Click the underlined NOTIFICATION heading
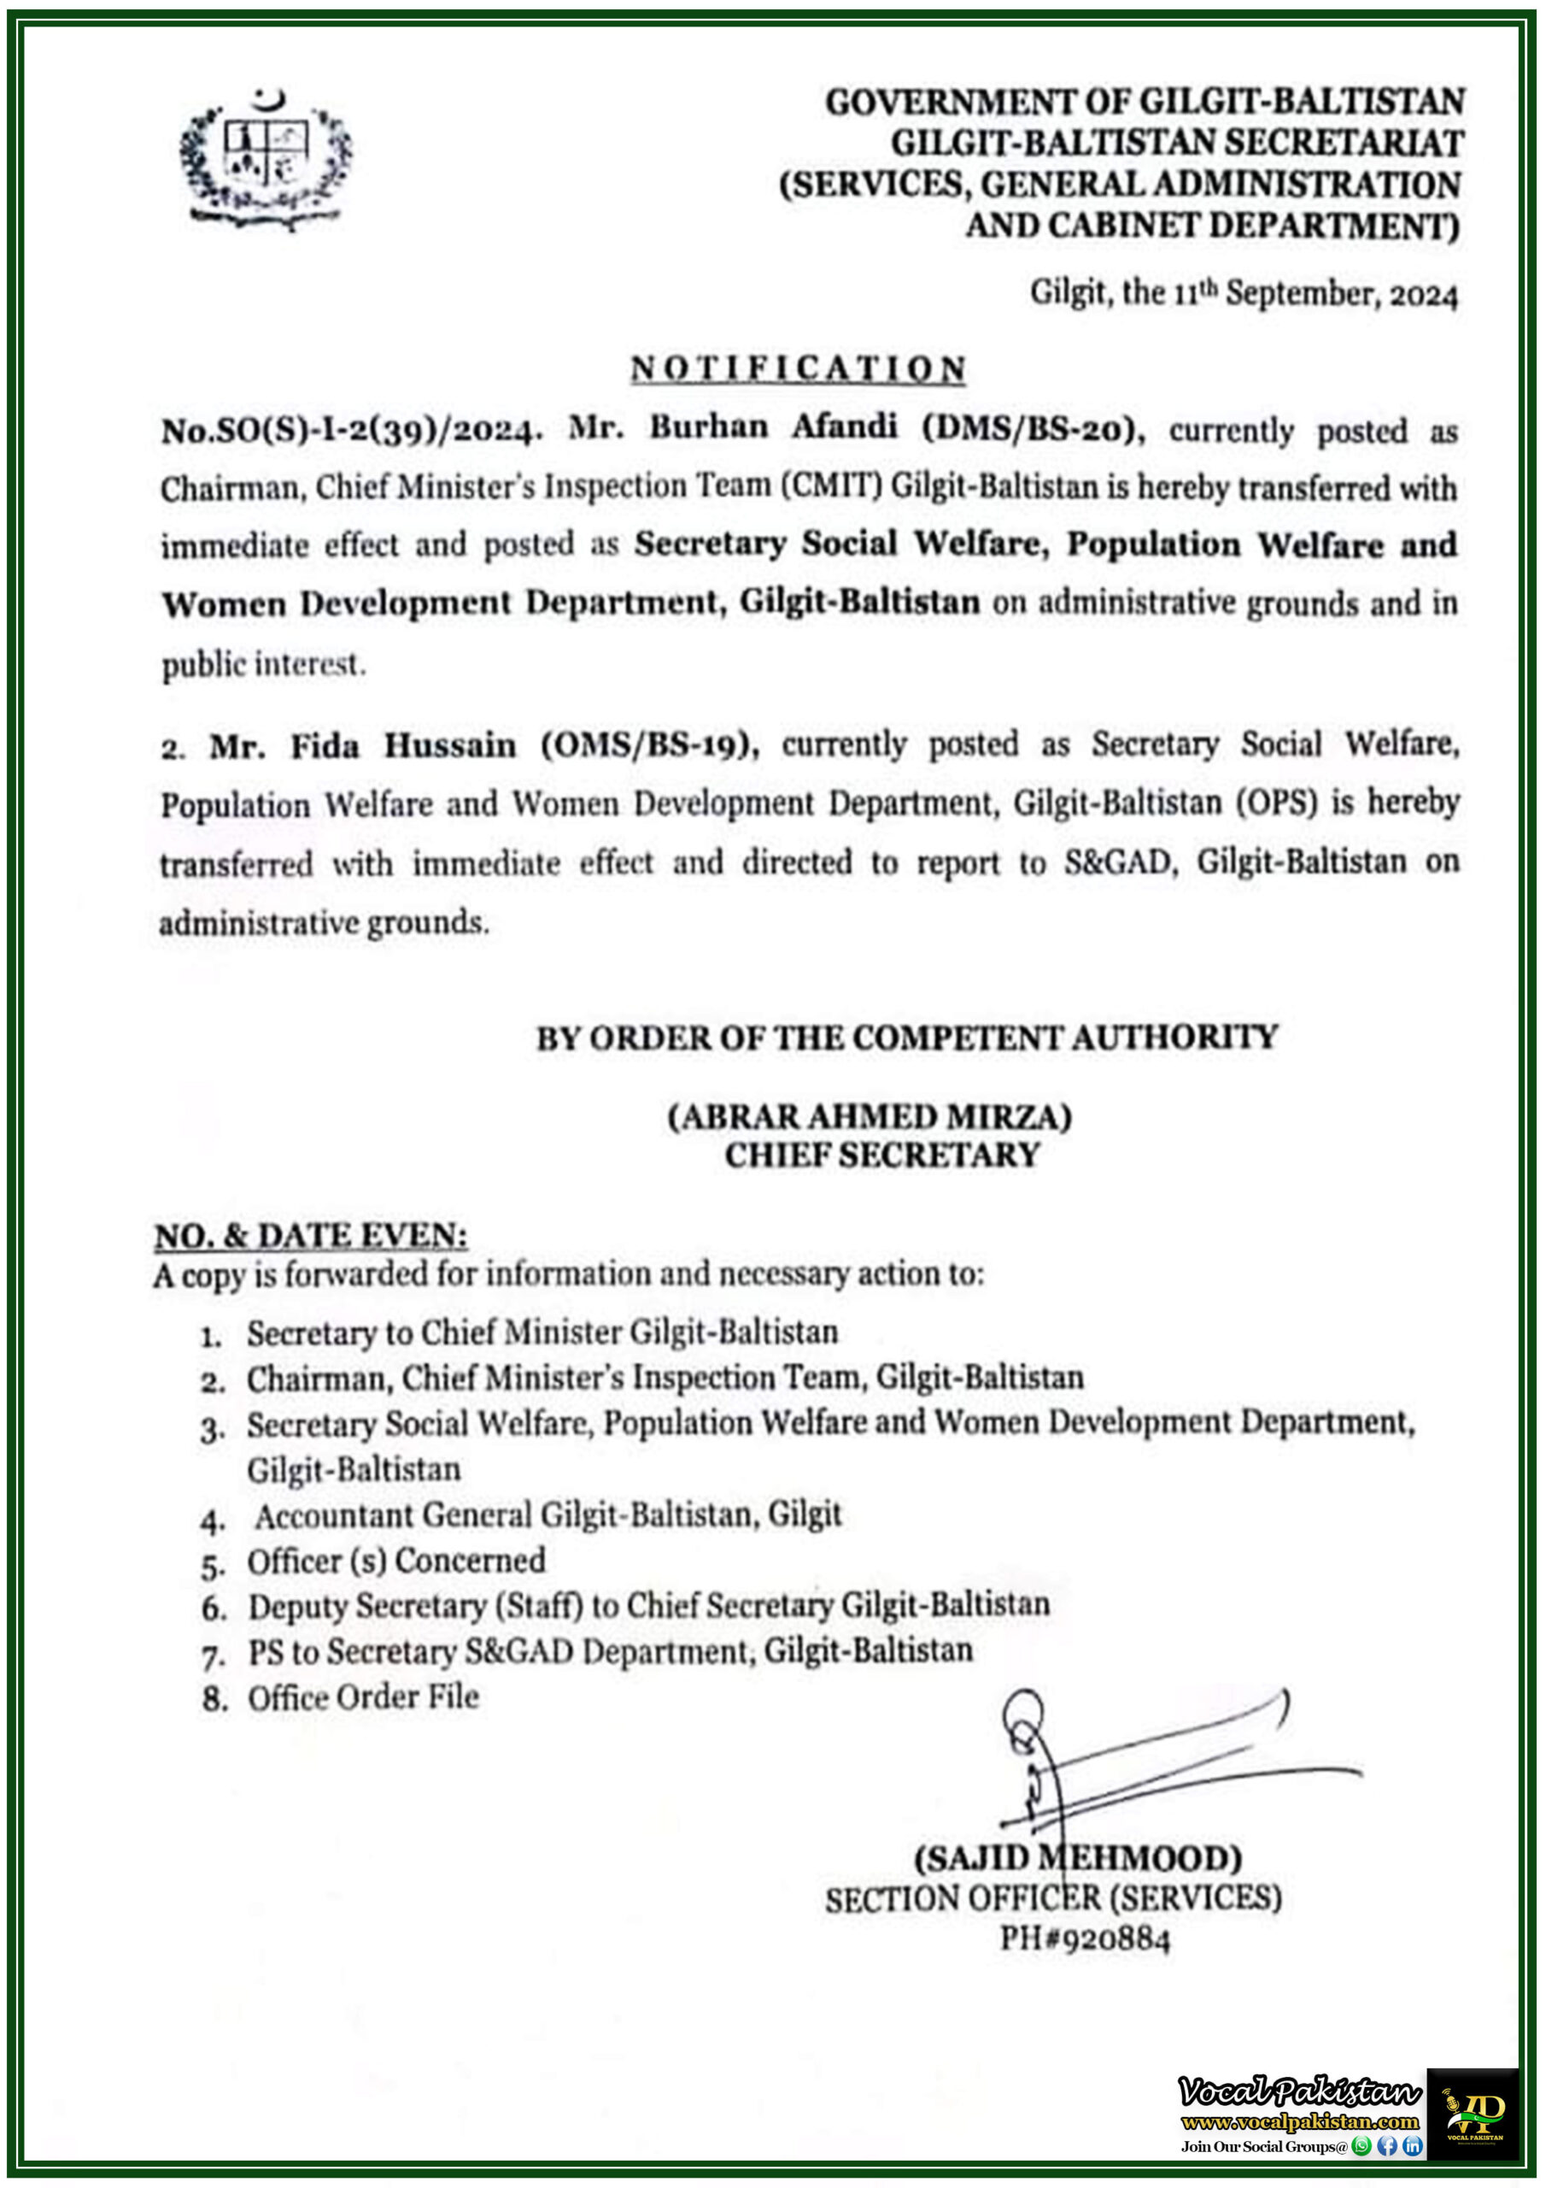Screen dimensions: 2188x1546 pyautogui.click(x=799, y=368)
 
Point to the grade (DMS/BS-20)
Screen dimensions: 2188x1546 pyautogui.click(x=1033, y=429)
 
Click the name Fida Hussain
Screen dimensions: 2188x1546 pyautogui.click(x=403, y=745)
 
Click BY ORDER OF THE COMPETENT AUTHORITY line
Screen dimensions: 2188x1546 pyautogui.click(x=906, y=1037)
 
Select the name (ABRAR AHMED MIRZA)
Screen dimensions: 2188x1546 pyautogui.click(x=869, y=1116)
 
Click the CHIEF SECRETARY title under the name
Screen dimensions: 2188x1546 pyautogui.click(x=882, y=1155)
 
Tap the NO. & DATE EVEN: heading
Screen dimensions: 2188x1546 pyautogui.click(x=311, y=1236)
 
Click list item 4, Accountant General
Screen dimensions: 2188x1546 pyautogui.click(x=547, y=1515)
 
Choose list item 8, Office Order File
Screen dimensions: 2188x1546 pyautogui.click(x=363, y=1697)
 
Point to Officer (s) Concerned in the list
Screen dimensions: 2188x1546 pyautogui.click(x=395, y=1561)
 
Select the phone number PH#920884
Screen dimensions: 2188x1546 pyautogui.click(x=1084, y=1938)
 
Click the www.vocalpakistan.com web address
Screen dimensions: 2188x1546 pyautogui.click(x=1299, y=2121)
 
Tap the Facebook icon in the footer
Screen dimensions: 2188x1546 pyautogui.click(x=1387, y=2146)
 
